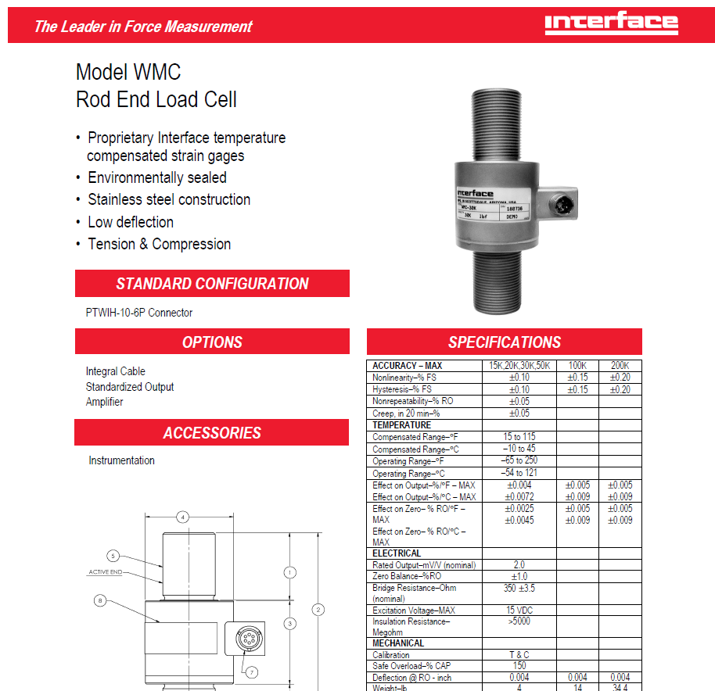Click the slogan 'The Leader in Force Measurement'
[143, 27]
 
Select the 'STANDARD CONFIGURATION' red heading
[212, 284]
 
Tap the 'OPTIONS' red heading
[212, 342]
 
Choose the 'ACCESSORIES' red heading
[212, 433]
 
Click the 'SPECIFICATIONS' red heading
[504, 342]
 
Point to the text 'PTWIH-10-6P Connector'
[139, 313]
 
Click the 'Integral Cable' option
[116, 371]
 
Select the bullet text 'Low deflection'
[131, 222]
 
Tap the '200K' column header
[620, 366]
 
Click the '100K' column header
[577, 366]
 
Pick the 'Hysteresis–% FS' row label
[402, 389]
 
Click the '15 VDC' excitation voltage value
[519, 610]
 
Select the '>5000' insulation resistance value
[519, 622]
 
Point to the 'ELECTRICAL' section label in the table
[397, 553]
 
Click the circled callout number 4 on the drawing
[182, 517]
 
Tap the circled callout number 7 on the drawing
[252, 672]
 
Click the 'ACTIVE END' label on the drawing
[104, 572]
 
